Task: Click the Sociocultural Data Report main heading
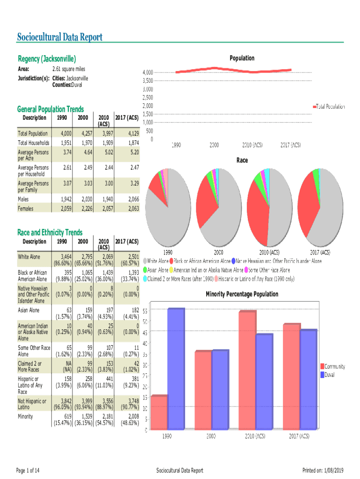(x=59, y=37)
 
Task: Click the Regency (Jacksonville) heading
(x=47, y=59)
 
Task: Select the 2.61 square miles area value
(x=68, y=69)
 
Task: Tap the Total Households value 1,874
(x=131, y=143)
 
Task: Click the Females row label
(x=26, y=209)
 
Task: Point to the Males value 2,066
(x=131, y=200)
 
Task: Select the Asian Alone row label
(x=29, y=310)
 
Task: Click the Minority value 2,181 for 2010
(x=105, y=416)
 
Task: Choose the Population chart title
(x=242, y=58)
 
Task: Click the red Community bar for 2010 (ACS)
(x=247, y=370)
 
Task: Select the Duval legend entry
(x=329, y=375)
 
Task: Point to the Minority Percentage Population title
(x=242, y=294)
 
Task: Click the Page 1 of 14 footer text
(x=28, y=470)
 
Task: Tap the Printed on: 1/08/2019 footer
(x=323, y=470)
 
